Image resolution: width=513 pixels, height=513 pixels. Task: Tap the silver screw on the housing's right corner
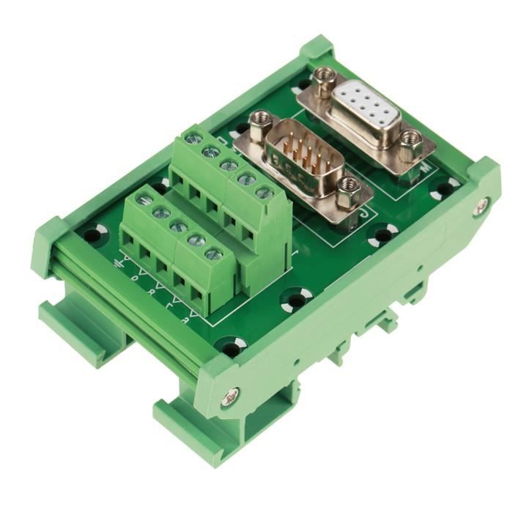pyautogui.click(x=479, y=207)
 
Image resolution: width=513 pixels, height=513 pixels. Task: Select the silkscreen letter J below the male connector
pyautogui.click(x=365, y=215)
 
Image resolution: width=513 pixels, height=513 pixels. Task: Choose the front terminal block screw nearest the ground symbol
pyautogui.click(x=144, y=199)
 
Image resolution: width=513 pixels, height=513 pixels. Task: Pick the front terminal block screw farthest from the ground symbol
pyautogui.click(x=213, y=254)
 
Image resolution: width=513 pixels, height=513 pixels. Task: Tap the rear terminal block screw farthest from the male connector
pyautogui.click(x=193, y=137)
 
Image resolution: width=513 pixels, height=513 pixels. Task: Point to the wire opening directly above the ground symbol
pyautogui.click(x=130, y=240)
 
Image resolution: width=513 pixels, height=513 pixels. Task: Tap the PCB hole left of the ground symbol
pyautogui.click(x=93, y=235)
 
